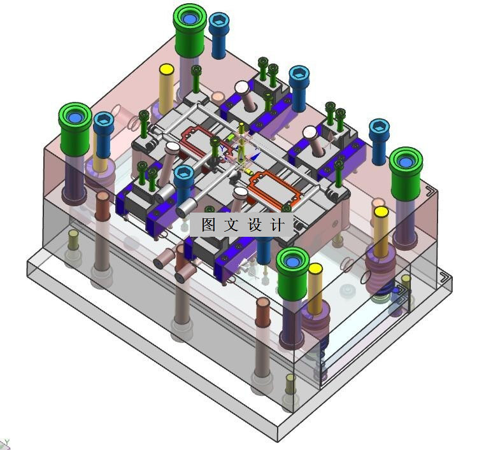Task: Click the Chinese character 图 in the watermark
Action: tap(209, 225)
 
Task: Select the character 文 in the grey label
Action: tap(232, 225)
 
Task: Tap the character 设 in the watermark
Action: tap(255, 225)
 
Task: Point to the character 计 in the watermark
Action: tap(278, 225)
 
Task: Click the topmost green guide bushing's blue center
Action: tap(190, 18)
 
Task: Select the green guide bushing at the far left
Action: tap(75, 130)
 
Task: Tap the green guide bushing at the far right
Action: tap(406, 174)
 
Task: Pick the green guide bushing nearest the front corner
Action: tap(292, 274)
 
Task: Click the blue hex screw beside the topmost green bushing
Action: tap(219, 36)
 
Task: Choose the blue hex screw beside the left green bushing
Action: tap(103, 135)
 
